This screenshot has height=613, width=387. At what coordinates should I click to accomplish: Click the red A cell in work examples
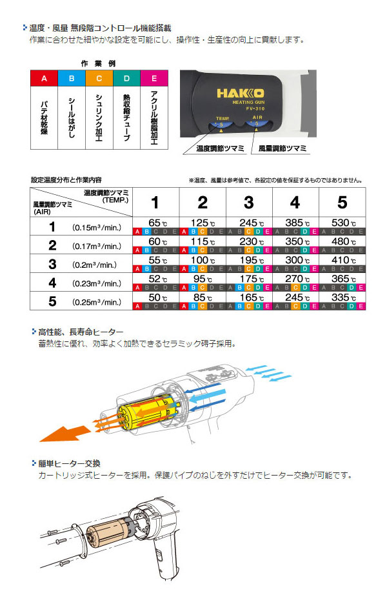(44, 79)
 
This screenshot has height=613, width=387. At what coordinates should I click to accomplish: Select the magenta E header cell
(153, 79)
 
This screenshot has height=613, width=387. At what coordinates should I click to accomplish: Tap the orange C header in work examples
(99, 79)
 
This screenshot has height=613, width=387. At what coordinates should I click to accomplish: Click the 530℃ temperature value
(341, 223)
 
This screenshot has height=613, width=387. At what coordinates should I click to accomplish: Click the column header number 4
(295, 202)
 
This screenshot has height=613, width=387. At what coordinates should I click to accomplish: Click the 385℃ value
(295, 223)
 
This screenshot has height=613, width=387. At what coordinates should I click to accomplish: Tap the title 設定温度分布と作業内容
(66, 180)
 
